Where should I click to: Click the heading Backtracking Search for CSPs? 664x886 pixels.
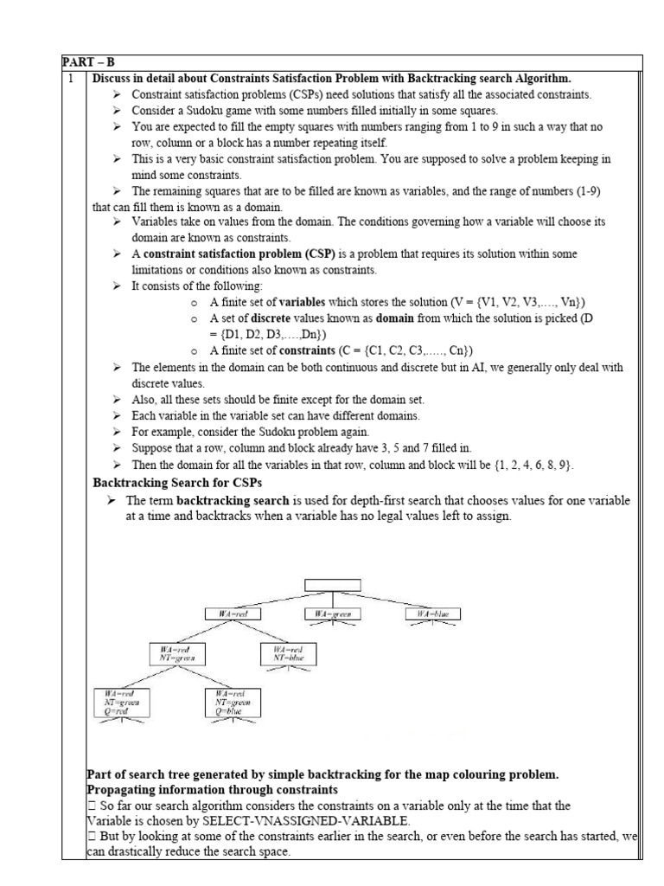(x=177, y=482)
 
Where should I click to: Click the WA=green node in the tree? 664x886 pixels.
(x=333, y=613)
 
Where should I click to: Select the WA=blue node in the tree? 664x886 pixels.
(x=433, y=613)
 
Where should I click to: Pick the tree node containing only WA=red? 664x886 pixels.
(x=233, y=613)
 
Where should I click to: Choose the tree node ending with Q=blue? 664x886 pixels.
(x=232, y=703)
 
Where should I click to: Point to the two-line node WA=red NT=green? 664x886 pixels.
(x=176, y=653)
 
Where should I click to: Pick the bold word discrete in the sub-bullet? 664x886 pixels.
(x=275, y=318)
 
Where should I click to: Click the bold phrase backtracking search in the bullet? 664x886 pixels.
(x=233, y=501)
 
